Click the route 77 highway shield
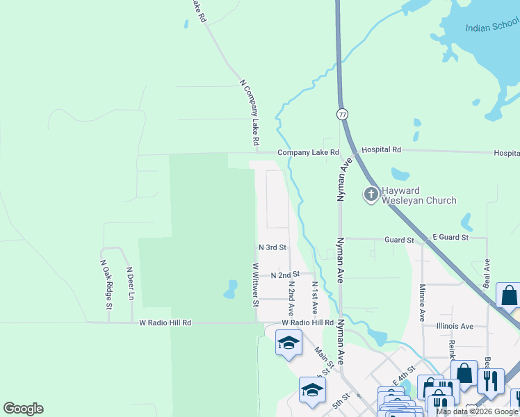(342, 114)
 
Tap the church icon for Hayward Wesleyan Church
(371, 195)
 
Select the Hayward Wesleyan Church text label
(419, 195)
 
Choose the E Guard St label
(450, 238)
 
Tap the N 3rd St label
(273, 247)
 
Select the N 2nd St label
(285, 275)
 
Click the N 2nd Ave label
(291, 297)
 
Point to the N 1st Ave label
(315, 297)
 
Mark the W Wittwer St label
(255, 285)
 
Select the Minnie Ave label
(422, 302)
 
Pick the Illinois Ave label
(455, 326)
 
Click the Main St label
(324, 359)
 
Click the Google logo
(23, 409)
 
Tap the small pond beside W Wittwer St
(230, 289)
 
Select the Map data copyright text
(477, 411)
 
